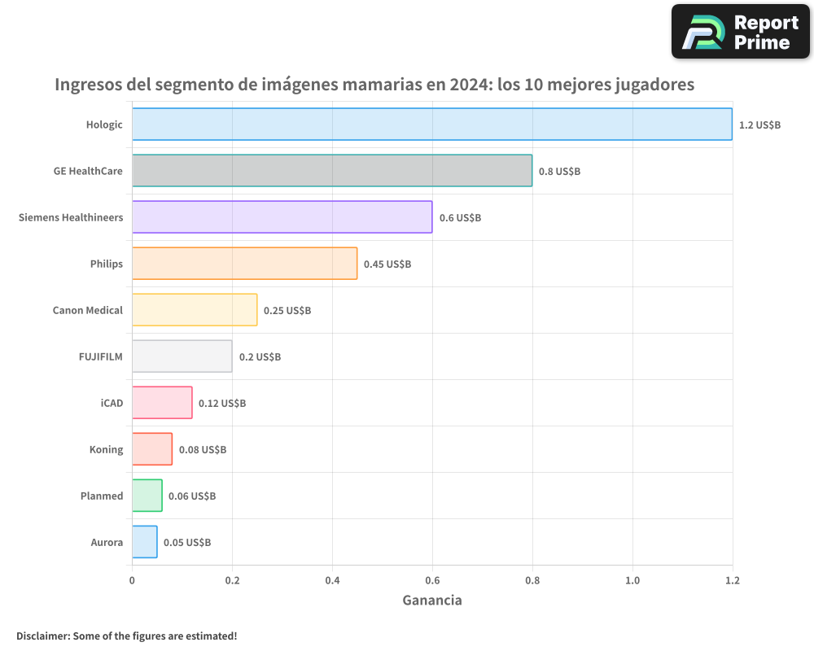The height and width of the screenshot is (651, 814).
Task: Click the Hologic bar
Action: (431, 125)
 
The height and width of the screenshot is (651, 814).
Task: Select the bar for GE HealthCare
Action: (332, 171)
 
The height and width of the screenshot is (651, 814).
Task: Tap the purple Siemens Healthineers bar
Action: (282, 217)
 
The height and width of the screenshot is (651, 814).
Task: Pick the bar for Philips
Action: (244, 264)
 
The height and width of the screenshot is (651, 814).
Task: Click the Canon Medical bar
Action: (195, 310)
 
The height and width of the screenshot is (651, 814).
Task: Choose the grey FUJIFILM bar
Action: (182, 356)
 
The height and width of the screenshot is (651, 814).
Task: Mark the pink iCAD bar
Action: (162, 403)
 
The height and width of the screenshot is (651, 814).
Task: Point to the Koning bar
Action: (152, 449)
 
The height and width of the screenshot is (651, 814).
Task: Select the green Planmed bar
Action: (147, 496)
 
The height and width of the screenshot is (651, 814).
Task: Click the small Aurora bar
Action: (145, 542)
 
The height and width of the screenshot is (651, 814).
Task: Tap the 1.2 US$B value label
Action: (759, 125)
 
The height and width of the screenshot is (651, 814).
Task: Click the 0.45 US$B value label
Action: (387, 264)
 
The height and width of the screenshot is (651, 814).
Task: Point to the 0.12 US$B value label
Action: (222, 404)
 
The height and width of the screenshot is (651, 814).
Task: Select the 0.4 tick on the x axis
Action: (332, 580)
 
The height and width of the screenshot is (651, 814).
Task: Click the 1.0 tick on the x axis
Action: (632, 580)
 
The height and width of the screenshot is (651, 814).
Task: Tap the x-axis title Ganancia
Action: (432, 601)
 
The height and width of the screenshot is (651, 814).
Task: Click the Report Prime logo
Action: (740, 32)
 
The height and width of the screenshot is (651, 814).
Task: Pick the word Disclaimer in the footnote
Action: (42, 636)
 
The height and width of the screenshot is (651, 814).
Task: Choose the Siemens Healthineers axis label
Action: (71, 217)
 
